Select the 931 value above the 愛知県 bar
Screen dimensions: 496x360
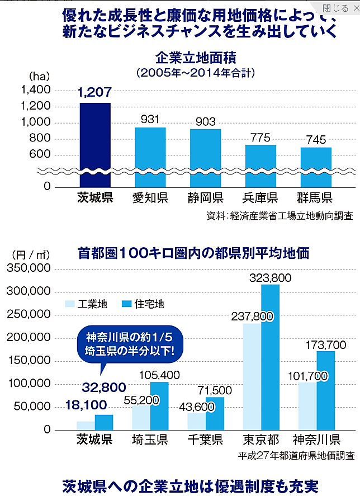coord(150,119)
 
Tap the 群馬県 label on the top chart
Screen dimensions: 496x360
coord(315,197)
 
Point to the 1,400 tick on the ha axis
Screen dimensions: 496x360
coord(35,90)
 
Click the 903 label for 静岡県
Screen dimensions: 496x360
coord(205,120)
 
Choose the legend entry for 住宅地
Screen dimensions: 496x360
coord(142,304)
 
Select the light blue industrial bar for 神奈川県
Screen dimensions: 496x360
coord(307,406)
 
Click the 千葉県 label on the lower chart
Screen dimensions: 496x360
coord(205,439)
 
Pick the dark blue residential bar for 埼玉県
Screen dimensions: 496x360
coord(159,405)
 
